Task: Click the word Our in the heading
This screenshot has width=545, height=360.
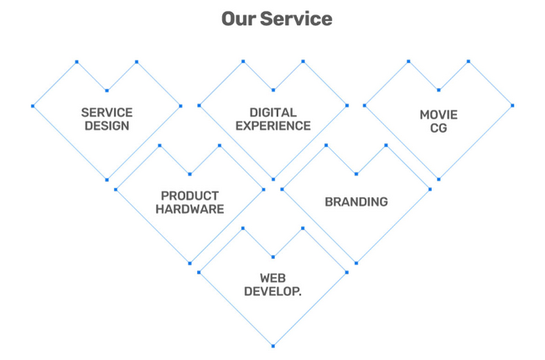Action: (238, 18)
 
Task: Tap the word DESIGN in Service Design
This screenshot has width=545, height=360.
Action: (106, 126)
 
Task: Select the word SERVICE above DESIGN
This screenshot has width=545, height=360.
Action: (106, 112)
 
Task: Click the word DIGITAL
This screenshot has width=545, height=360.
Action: (272, 112)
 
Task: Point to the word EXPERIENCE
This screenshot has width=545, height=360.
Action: (272, 126)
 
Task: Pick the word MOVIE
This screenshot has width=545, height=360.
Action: (439, 114)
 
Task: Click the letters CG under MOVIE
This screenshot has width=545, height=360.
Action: (439, 128)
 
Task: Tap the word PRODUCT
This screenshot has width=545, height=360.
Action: (189, 196)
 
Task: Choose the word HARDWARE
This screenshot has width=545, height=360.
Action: (189, 209)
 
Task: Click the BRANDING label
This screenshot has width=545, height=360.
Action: (356, 201)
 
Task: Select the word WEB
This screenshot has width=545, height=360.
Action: (272, 278)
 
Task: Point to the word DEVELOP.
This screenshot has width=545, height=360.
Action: (272, 291)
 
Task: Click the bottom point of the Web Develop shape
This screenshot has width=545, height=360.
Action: (272, 346)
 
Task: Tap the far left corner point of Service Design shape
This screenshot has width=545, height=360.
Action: (33, 106)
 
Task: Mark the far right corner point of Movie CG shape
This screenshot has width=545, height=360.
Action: (512, 106)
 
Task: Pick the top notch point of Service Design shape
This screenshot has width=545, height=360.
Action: (106, 91)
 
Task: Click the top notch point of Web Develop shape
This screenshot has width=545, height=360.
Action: (272, 257)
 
